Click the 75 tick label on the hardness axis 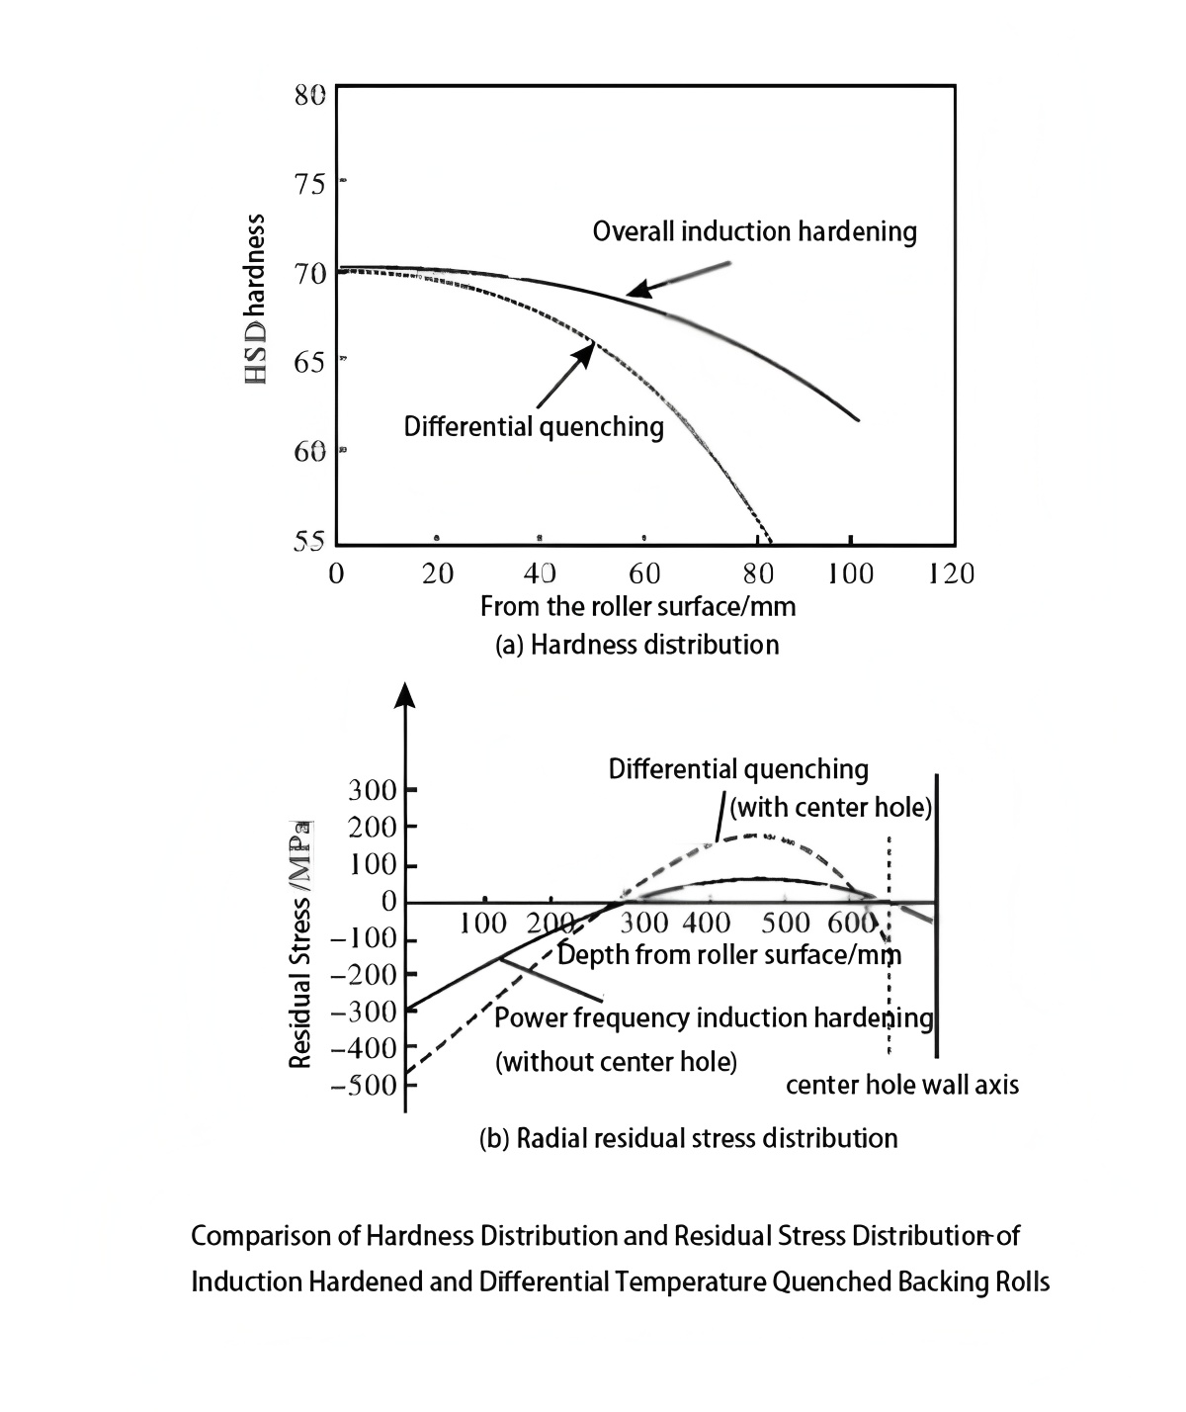[309, 185]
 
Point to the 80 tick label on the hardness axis [309, 95]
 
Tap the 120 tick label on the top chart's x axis [951, 574]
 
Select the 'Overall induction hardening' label [754, 231]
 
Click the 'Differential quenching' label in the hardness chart [534, 426]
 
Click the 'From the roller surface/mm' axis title [637, 605]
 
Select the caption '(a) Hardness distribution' [636, 645]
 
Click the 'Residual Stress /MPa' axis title [300, 943]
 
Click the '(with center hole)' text [831, 808]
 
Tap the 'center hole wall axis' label [901, 1085]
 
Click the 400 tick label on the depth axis [707, 924]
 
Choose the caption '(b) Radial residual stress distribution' [688, 1138]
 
